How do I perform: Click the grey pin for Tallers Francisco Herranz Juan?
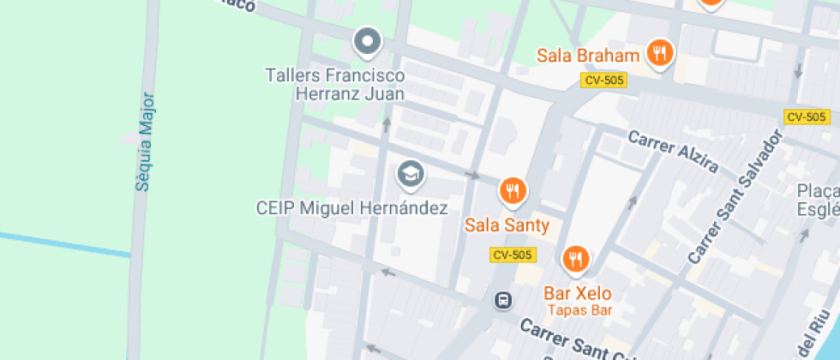point(368,41)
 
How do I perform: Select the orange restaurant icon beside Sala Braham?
point(658,53)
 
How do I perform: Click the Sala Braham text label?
point(588,57)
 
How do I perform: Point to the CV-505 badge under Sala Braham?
point(604,80)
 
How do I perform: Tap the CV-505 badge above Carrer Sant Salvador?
point(806,117)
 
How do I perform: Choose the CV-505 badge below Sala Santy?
point(513,255)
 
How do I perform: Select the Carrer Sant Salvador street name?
point(735,196)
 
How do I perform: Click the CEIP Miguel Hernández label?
point(352,208)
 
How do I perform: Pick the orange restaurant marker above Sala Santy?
point(513,191)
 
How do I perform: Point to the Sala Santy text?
point(507,225)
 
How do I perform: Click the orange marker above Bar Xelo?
point(575,258)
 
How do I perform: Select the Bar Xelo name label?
point(578,293)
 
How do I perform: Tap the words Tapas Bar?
point(579,310)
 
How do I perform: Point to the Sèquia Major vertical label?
point(143,141)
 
